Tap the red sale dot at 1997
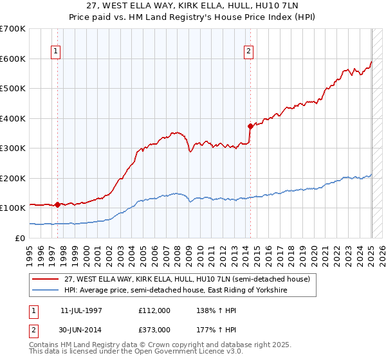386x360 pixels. (57, 204)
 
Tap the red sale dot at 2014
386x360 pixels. (250, 126)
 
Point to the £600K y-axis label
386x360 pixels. (13, 59)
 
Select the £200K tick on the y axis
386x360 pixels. (13, 178)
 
